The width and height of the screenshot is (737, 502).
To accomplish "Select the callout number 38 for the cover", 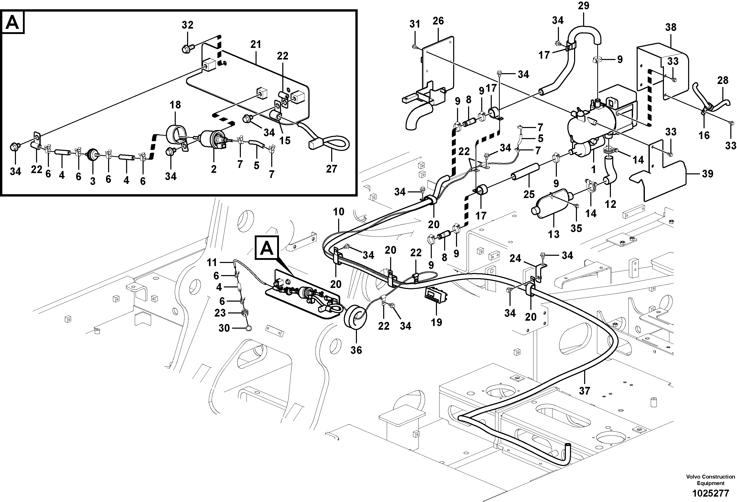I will (x=671, y=28).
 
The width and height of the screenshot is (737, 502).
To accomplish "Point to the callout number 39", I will (x=707, y=174).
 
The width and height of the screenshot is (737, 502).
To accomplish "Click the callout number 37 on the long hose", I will (x=584, y=391).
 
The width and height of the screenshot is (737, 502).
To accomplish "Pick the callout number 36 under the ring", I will (x=356, y=350).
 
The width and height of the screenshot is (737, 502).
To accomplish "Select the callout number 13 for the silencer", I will (x=554, y=234).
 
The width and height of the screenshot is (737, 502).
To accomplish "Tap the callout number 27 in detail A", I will (x=331, y=169).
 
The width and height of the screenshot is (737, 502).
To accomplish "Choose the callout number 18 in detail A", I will (x=175, y=105).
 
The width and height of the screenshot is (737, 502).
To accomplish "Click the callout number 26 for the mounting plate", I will (x=438, y=21).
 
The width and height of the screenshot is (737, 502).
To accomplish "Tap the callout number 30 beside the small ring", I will (x=224, y=328).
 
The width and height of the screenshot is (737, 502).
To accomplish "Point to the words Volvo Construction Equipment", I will (x=710, y=480).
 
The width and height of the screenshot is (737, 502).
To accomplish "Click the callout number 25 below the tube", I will (x=529, y=194).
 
